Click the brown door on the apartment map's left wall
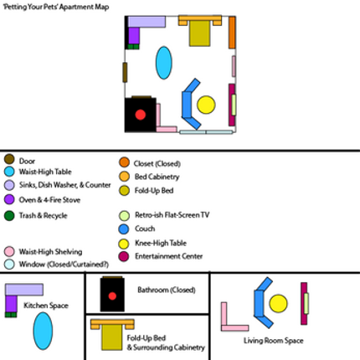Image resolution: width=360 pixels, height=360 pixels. [x=125, y=73]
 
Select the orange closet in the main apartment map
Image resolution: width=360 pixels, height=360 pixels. [x=232, y=33]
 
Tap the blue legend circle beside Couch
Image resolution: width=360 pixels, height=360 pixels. [x=124, y=229]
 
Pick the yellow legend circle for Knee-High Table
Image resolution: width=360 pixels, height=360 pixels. [x=124, y=244]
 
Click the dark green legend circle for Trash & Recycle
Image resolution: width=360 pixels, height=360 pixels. [x=9, y=216]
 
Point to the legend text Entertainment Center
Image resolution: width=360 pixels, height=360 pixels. [x=169, y=256]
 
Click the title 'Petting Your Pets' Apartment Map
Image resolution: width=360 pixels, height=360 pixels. [x=56, y=7]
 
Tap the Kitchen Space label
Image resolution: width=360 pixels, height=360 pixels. [x=46, y=306]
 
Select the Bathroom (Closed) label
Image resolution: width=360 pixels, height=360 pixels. [x=167, y=290]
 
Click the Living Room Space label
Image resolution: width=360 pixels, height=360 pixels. [x=273, y=341]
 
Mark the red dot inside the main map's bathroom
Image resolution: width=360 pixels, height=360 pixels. [x=140, y=115]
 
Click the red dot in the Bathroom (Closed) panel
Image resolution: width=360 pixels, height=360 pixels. [x=112, y=296]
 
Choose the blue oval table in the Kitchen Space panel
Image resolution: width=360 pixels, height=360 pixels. [x=43, y=331]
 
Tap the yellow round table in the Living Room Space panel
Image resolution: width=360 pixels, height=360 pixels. [x=278, y=303]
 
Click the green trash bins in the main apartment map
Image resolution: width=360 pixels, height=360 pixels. [x=133, y=46]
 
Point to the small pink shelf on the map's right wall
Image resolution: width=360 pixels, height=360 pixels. [x=234, y=66]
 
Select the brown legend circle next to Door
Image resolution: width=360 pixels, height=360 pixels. [x=9, y=159]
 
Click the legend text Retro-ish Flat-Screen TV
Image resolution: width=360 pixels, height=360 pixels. [x=172, y=215]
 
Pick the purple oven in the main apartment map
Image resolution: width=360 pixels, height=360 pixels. [x=134, y=35]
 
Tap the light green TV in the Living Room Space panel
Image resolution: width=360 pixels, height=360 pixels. [x=306, y=303]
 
